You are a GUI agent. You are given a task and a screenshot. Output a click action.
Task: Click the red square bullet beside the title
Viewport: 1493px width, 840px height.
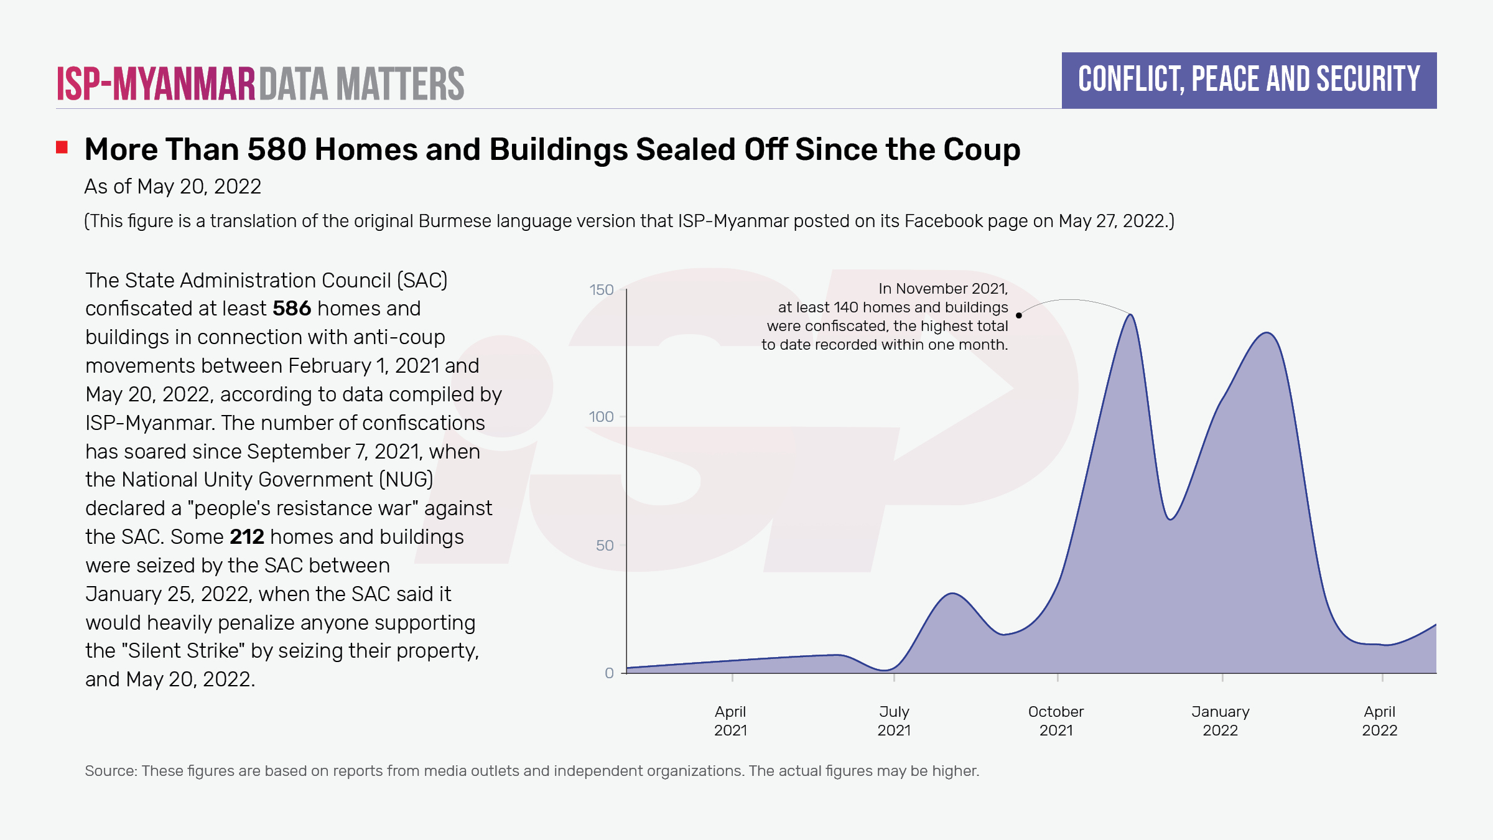62,147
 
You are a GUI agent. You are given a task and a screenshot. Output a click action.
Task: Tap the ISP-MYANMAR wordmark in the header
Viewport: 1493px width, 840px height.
156,84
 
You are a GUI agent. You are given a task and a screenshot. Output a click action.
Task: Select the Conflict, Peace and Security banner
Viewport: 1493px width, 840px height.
1249,80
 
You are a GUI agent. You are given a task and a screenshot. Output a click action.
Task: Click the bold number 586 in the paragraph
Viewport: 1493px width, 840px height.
291,309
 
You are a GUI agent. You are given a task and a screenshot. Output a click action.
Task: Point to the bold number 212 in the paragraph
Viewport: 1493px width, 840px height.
247,537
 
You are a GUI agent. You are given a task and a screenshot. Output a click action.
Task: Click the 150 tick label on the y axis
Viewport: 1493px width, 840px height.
601,290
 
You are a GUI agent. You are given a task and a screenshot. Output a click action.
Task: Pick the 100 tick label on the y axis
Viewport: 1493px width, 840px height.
601,417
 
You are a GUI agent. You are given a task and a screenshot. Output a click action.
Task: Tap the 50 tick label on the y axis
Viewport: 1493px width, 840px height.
605,546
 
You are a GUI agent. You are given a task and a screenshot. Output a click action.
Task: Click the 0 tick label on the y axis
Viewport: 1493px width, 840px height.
609,673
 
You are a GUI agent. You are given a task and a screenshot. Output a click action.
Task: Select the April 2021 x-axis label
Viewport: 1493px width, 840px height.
730,721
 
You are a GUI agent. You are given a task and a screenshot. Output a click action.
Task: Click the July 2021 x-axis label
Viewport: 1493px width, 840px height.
894,721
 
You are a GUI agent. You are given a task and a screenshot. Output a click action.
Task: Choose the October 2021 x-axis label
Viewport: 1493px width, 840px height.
1056,721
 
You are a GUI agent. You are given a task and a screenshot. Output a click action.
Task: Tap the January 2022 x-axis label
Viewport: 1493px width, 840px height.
1220,721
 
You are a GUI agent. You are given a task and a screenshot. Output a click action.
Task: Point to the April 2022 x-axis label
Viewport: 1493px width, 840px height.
1380,721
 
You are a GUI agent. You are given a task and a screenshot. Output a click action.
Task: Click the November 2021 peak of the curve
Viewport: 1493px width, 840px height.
1131,315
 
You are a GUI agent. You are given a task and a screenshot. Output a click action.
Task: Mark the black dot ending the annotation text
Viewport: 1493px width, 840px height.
1019,315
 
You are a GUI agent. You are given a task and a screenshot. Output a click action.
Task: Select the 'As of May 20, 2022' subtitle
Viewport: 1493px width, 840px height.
173,187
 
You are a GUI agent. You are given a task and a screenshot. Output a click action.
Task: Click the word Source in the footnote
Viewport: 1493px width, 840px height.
110,771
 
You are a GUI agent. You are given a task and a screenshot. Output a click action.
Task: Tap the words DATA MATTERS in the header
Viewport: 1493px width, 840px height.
361,84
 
